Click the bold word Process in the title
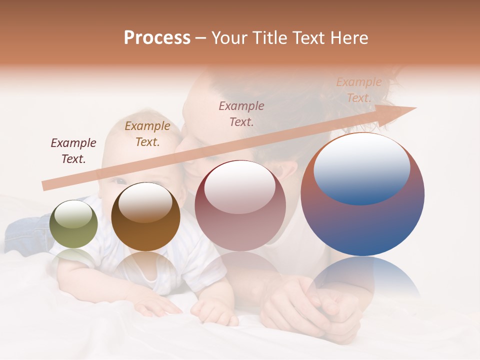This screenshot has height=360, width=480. click(x=157, y=38)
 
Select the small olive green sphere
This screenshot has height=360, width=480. click(x=74, y=224)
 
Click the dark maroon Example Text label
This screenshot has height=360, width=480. click(x=73, y=151)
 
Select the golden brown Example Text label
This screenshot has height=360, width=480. click(x=147, y=134)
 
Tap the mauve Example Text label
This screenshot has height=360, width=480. click(x=241, y=113)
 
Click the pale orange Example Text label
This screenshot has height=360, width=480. click(x=359, y=90)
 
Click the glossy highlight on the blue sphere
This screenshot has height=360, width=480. click(x=361, y=167)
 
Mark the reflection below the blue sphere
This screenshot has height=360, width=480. click(x=362, y=280)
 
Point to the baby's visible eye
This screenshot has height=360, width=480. click(x=119, y=181)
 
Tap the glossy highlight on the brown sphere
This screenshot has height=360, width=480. click(x=145, y=201)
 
